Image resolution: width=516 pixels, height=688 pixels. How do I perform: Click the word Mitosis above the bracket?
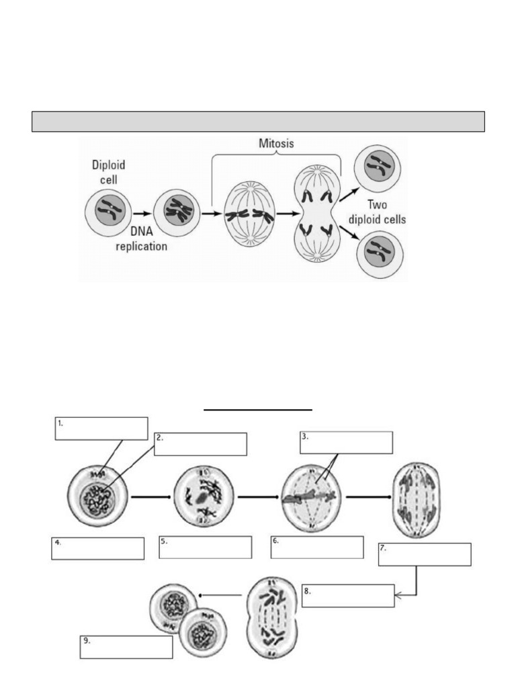pos(276,144)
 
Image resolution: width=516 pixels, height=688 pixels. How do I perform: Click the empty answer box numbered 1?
pos(101,428)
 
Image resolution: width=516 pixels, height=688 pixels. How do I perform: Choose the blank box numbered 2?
pos(200,444)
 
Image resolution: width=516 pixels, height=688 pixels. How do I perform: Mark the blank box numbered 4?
pos(98,548)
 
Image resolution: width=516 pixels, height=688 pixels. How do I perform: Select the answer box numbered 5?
pos(206,547)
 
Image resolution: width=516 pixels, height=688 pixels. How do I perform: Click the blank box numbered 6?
pos(317,547)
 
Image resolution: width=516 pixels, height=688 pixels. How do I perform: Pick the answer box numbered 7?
pos(425,555)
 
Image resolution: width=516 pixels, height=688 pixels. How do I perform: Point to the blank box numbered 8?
pos(348,596)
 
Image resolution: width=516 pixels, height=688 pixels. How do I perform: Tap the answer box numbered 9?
pos(126,647)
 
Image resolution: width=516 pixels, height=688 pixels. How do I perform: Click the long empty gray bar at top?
pos(258,122)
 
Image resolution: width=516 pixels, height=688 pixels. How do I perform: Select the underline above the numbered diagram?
pos(259,408)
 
